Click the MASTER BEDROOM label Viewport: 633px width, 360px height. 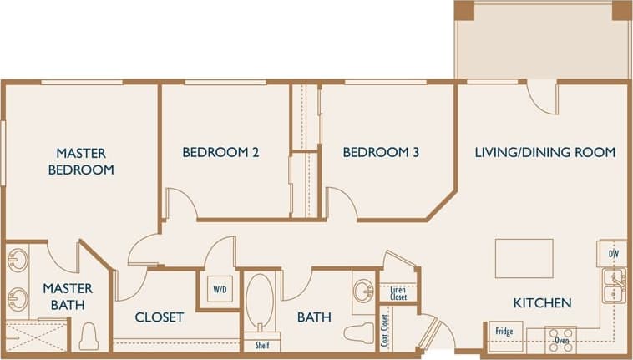point(81,161)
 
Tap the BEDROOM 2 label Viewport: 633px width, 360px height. point(220,152)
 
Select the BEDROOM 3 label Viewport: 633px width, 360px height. point(381,152)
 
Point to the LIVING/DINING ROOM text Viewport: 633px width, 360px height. point(544,152)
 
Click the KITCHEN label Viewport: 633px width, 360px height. point(542,302)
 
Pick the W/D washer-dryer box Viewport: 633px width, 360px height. point(220,290)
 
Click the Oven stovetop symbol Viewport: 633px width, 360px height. point(561,338)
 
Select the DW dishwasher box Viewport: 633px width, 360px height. point(613,253)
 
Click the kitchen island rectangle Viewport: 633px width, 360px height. point(524,258)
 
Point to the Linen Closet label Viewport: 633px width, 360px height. point(398,293)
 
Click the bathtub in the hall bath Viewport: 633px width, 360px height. point(260,302)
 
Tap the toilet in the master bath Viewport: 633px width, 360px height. point(89,337)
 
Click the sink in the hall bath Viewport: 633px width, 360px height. point(363,291)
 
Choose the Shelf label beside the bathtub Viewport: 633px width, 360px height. point(262,344)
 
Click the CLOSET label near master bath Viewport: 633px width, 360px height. point(159,317)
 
